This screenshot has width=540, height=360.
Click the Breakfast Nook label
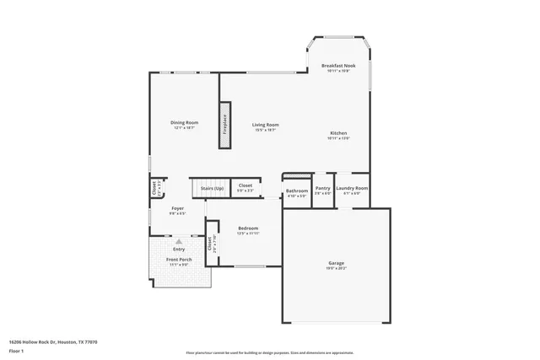click(337, 65)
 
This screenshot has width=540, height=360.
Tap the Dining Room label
click(185, 123)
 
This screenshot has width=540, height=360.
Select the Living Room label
click(266, 125)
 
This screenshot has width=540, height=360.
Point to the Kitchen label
click(338, 133)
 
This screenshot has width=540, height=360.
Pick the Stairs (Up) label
click(212, 188)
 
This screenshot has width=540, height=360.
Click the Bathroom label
click(296, 191)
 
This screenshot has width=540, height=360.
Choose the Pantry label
click(322, 188)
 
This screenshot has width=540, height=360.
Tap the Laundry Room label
click(352, 188)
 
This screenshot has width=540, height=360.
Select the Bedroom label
click(247, 228)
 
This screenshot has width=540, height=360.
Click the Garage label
click(336, 263)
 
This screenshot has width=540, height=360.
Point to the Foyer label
click(177, 208)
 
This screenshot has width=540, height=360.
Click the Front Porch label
click(178, 259)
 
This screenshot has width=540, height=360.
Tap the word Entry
click(179, 249)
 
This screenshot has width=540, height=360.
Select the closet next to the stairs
click(246, 187)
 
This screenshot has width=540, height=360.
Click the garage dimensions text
click(336, 268)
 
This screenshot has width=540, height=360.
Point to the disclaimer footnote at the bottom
click(269, 353)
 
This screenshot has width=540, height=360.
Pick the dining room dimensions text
click(185, 128)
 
